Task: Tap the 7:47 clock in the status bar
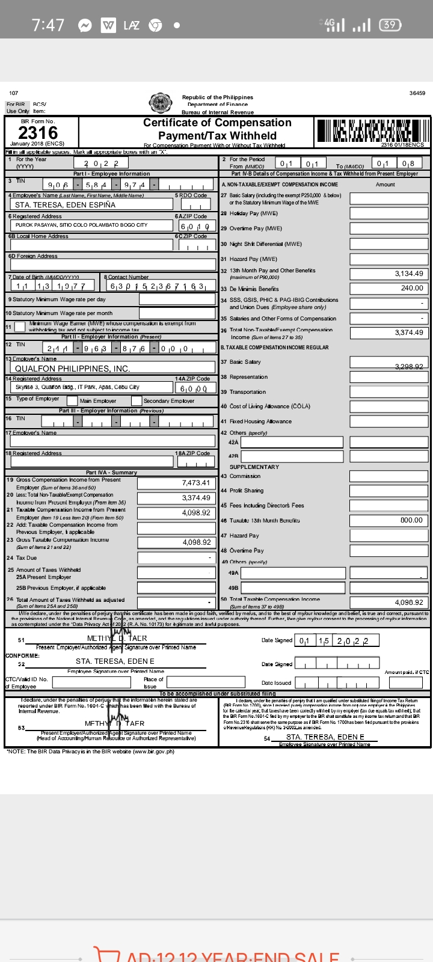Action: (x=48, y=25)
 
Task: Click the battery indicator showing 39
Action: (x=390, y=25)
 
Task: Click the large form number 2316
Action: (x=38, y=133)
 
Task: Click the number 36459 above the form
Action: (x=417, y=93)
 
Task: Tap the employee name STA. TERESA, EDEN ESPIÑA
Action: (x=65, y=204)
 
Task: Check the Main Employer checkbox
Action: (x=72, y=401)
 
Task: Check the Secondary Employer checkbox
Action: (x=137, y=401)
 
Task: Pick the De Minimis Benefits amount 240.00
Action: (x=412, y=288)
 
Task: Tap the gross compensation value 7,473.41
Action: (x=196, y=483)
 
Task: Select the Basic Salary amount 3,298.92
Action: (x=409, y=366)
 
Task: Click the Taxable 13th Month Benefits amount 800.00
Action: (x=411, y=520)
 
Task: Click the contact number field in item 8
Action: (x=158, y=286)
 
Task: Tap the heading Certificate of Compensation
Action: (x=217, y=123)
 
